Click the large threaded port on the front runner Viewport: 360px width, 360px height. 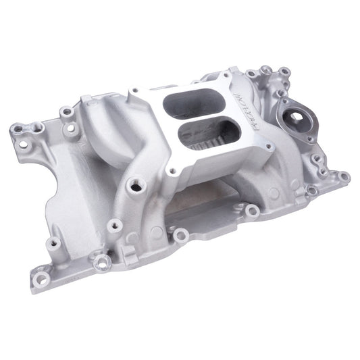click(x=137, y=184)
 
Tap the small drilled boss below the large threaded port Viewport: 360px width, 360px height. click(x=115, y=224)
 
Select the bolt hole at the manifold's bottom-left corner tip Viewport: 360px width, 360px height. click(x=42, y=278)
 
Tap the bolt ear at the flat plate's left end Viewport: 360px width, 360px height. click(x=180, y=234)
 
